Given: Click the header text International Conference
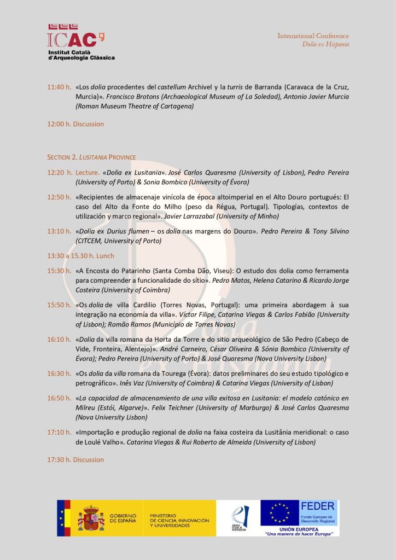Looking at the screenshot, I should click(313, 36).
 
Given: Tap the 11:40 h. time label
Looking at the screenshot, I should click(59, 87).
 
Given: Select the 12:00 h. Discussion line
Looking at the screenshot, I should click(75, 124).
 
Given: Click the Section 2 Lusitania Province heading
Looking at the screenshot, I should click(91, 157).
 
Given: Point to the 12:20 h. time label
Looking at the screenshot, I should click(59, 172).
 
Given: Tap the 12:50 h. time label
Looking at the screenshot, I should click(59, 197).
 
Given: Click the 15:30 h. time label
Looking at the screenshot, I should click(59, 271).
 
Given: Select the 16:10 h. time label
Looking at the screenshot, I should click(59, 339).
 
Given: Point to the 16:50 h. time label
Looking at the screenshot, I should click(59, 398).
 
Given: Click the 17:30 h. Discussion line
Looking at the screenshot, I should click(75, 460).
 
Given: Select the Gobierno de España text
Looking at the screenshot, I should click(123, 518).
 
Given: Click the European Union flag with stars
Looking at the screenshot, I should click(279, 514).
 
